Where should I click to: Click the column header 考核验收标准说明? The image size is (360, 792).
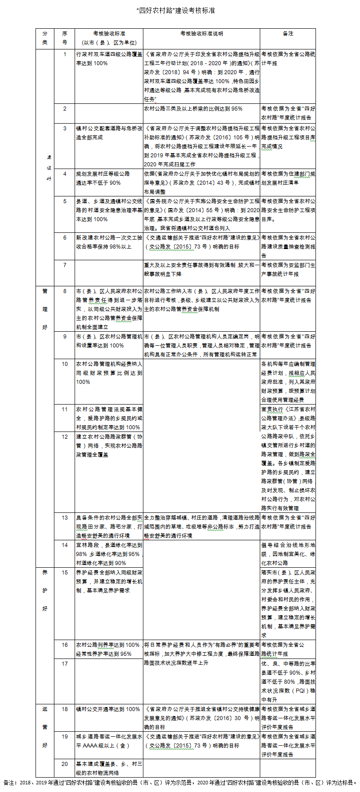pos(201,34)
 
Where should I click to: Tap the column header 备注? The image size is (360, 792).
pos(288,34)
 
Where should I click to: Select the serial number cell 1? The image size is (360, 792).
pos(65,54)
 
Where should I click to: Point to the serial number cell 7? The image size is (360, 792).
pos(65,265)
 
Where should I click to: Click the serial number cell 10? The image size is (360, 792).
pos(65,364)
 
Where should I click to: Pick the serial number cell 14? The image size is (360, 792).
pos(65,545)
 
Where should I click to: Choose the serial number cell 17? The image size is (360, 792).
pos(65,663)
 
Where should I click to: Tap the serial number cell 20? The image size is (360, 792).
pos(65,764)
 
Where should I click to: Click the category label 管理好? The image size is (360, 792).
pos(45,309)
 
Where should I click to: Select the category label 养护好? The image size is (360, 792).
pos(45,591)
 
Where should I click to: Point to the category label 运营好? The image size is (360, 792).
pos(45,727)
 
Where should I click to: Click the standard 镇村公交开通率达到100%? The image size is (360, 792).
pos(108,709)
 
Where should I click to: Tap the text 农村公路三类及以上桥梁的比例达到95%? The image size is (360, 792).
pos(193,109)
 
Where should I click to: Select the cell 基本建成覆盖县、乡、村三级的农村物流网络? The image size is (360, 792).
pos(109,768)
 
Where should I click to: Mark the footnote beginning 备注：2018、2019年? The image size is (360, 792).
pos(180,783)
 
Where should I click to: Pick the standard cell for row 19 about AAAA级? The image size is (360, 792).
pos(109,741)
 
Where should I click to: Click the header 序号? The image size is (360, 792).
pos(65,38)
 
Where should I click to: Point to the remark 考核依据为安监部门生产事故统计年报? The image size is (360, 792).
pos(288,270)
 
